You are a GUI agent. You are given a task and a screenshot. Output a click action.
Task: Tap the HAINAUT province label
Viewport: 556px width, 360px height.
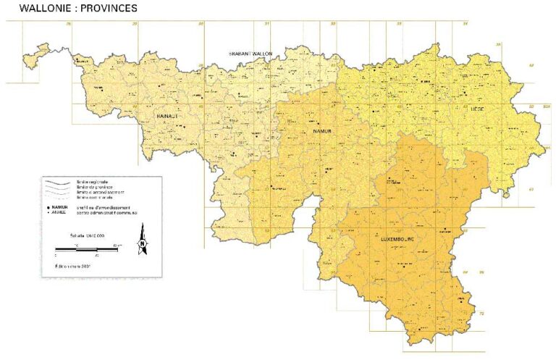click(x=167, y=115)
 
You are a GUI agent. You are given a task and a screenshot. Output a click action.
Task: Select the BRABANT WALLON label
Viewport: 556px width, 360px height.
click(x=250, y=54)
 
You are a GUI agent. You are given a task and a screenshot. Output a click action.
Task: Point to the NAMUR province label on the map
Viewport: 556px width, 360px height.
click(x=321, y=131)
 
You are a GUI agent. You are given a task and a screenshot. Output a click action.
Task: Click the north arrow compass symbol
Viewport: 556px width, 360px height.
click(x=143, y=244)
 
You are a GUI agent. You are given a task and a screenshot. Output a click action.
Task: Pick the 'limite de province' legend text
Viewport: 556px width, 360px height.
click(x=91, y=186)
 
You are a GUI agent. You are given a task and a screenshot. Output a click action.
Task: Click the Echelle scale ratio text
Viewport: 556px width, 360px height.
click(x=87, y=236)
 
